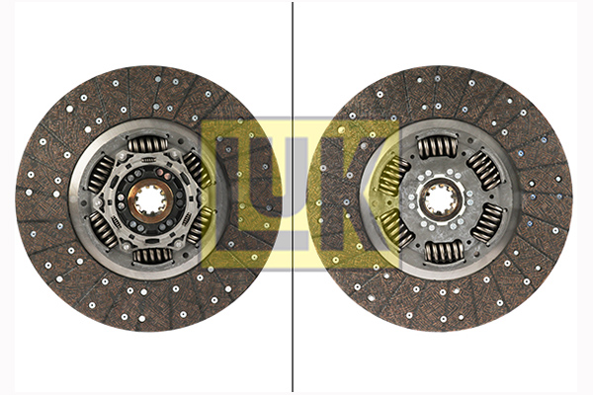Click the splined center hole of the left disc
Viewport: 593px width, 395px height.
click(x=150, y=200)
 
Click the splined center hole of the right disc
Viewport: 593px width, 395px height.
click(x=440, y=199)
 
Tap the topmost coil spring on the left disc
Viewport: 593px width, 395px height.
click(x=147, y=144)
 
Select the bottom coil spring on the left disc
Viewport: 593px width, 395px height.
click(x=153, y=256)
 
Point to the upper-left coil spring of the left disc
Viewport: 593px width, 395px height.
click(x=101, y=174)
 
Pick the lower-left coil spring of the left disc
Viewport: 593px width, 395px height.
click(x=104, y=229)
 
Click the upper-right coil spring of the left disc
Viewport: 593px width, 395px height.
click(x=198, y=170)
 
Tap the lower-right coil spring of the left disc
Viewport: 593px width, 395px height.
click(x=201, y=225)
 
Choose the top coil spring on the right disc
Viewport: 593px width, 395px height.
click(x=437, y=147)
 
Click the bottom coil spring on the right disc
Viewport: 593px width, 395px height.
click(x=444, y=252)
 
